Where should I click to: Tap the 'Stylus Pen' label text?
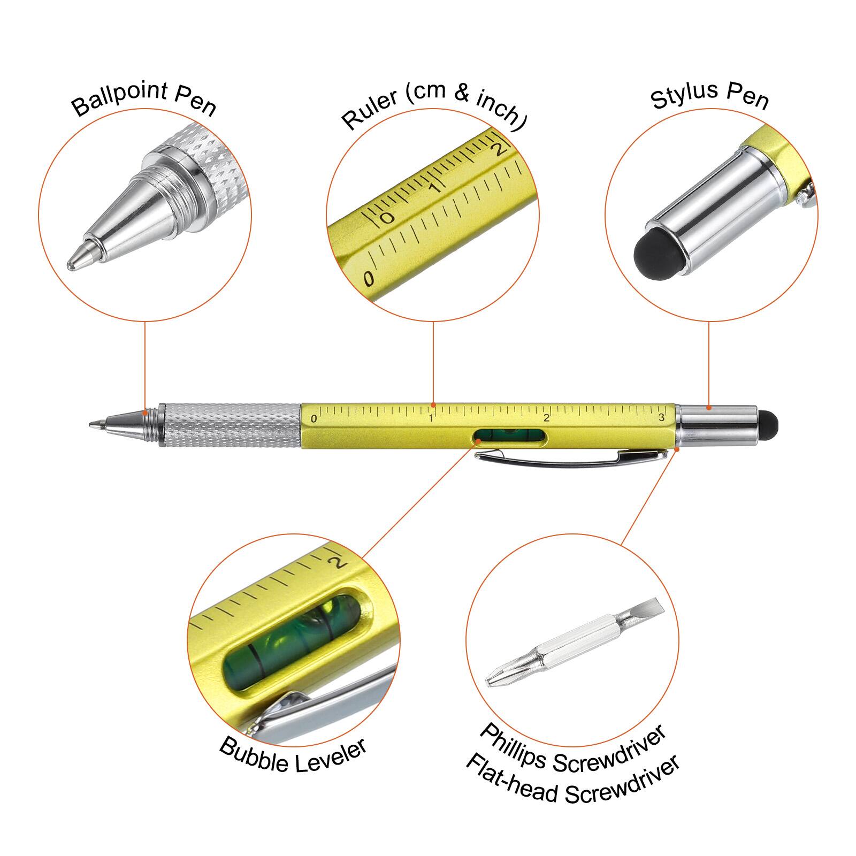tap(709, 95)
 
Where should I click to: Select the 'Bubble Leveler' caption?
tap(293, 755)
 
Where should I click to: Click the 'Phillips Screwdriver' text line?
tap(572, 749)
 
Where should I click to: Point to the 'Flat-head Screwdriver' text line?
tap(572, 779)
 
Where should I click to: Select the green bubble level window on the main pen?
tap(510, 437)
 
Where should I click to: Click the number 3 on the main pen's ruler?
tap(661, 417)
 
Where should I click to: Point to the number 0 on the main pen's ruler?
tap(314, 419)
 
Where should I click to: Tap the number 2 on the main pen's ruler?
tap(546, 418)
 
